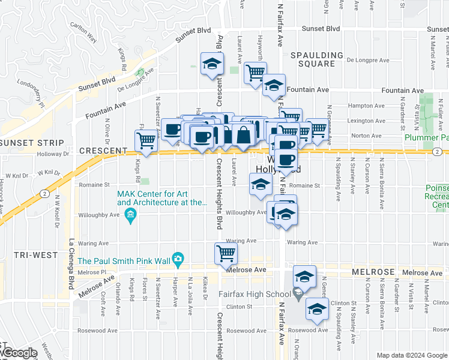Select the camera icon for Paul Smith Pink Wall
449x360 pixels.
[178, 260]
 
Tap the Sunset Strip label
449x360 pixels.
[32, 143]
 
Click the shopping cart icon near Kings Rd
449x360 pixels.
[146, 140]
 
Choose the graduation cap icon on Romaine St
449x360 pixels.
[261, 184]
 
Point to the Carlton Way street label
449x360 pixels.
[83, 32]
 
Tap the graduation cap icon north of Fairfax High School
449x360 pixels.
[305, 276]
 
